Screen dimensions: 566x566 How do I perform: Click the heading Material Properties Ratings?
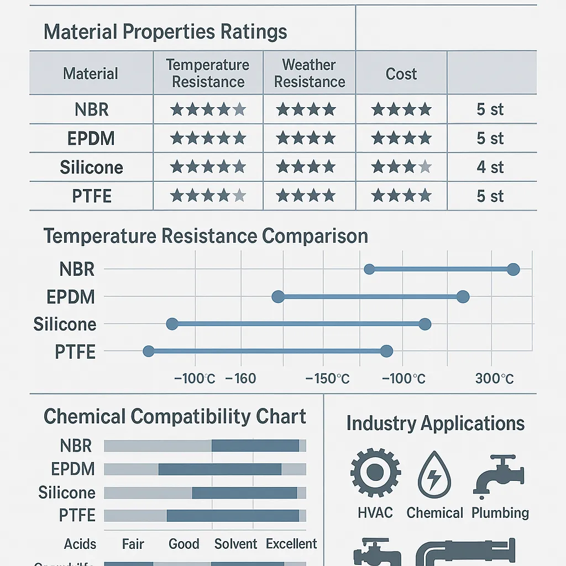(165, 32)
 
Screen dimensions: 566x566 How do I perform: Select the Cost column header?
(401, 74)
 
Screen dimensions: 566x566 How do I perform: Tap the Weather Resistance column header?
(310, 74)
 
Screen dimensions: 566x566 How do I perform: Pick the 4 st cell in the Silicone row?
(490, 167)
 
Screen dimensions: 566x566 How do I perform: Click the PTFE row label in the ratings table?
(91, 196)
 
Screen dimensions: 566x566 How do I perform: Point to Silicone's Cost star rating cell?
(401, 167)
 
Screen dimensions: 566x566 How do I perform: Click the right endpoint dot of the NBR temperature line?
(513, 269)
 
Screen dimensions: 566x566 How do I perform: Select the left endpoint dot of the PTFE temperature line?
(148, 351)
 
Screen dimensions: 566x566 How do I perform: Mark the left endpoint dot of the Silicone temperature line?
(172, 323)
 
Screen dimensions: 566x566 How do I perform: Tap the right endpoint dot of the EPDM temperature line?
(463, 297)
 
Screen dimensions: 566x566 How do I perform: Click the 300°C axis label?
(494, 379)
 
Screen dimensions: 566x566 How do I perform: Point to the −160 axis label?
(241, 379)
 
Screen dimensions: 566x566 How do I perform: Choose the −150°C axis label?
(327, 379)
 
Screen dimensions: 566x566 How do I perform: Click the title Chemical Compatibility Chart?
(175, 416)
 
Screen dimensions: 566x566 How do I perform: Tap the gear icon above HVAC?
(375, 473)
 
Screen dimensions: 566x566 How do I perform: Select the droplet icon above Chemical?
(434, 474)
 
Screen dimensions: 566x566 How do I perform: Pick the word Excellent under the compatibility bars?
(291, 544)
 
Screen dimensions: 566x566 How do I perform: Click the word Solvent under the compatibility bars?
(236, 544)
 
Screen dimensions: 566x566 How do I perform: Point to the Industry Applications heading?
(436, 424)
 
